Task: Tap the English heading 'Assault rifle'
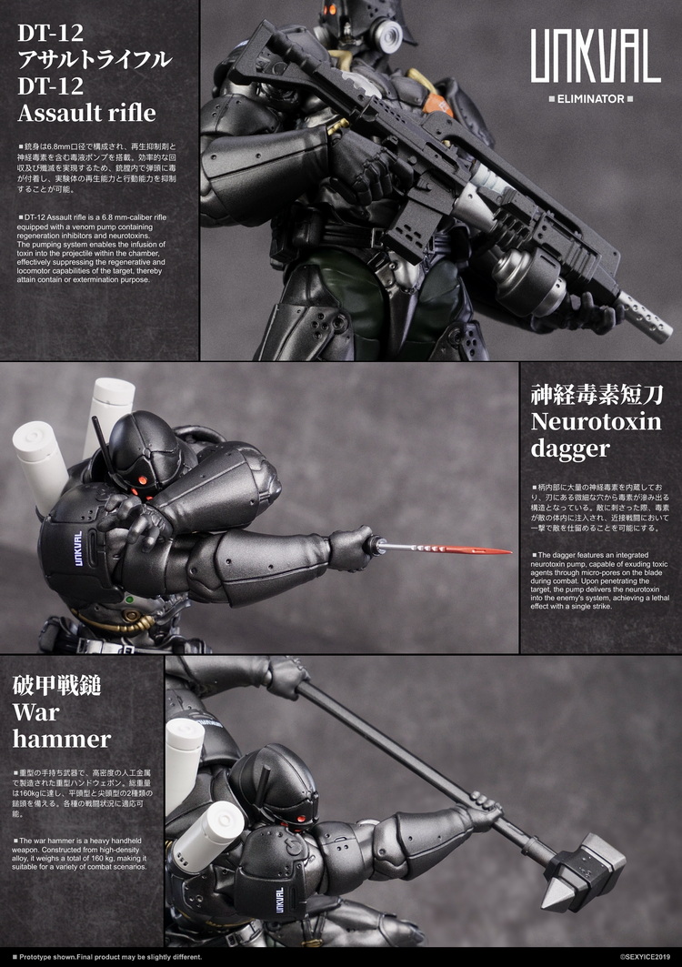86,114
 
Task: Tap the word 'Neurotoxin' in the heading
597,422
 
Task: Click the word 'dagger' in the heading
572,449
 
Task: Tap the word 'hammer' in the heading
61,738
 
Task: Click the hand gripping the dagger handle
353,548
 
